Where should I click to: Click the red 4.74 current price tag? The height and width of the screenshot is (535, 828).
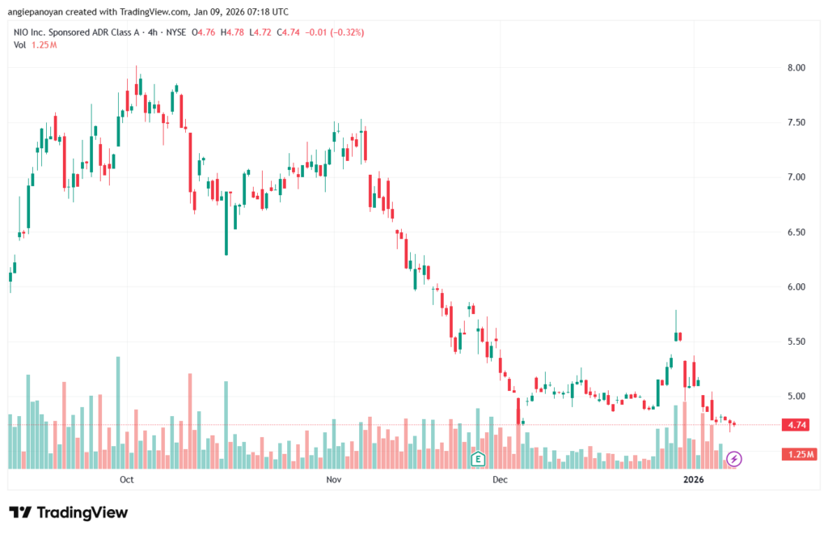796,424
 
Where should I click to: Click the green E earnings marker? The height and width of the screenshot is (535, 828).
478,459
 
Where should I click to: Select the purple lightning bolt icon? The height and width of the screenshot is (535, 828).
734,459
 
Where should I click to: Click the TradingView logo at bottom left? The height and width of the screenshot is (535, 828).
69,512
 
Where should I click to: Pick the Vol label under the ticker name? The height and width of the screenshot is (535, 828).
20,45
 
